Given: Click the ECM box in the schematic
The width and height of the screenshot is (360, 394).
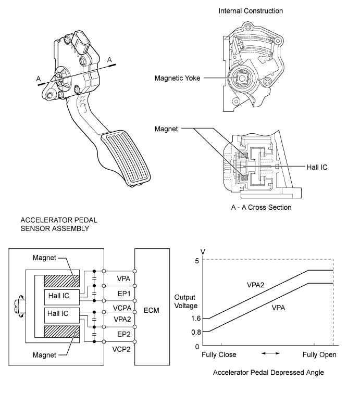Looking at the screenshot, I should [151, 310].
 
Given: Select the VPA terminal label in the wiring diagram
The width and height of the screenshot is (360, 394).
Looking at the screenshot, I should [119, 278].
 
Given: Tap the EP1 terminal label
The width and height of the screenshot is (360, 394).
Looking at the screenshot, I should [119, 294].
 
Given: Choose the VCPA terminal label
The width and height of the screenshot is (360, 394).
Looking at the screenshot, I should [119, 308].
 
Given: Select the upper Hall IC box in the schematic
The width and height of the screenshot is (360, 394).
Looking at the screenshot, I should [57, 296].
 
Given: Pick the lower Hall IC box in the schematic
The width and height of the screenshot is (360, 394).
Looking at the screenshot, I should [57, 313].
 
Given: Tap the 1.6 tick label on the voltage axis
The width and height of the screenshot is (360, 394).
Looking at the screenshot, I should [196, 318].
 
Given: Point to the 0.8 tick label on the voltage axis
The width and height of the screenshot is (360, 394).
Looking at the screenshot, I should [196, 332].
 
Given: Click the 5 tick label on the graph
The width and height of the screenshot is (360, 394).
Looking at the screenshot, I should [197, 261].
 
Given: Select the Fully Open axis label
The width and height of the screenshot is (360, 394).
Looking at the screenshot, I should [320, 354].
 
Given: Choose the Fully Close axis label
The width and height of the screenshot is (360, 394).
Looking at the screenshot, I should [219, 354].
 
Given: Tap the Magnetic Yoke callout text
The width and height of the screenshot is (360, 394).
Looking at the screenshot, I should [177, 79].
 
